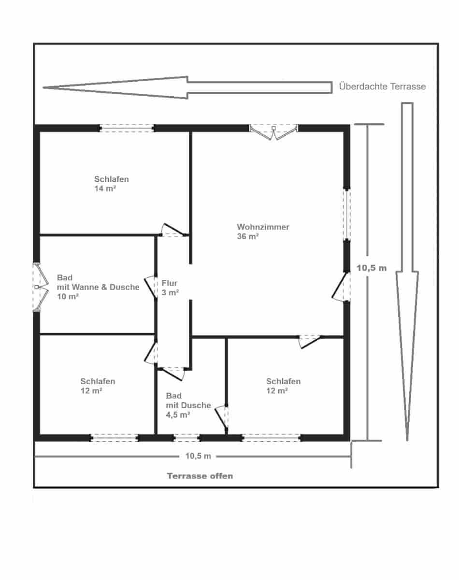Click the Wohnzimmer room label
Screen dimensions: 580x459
263,227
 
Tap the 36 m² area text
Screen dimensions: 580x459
248,236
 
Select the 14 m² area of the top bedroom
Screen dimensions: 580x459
105,188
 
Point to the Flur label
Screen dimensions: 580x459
170,283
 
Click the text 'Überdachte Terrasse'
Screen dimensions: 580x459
382,87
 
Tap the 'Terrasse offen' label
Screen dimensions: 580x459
200,476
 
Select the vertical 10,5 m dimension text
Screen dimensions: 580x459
372,268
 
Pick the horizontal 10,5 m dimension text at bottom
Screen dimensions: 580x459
198,456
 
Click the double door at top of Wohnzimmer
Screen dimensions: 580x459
273,131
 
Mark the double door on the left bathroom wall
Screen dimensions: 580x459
38,287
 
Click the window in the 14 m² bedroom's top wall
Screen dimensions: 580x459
127,128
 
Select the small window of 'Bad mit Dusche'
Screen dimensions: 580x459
186,438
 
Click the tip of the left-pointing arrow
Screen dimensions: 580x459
45,87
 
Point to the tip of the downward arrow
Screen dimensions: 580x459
407,439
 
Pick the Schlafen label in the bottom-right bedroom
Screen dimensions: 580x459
283,381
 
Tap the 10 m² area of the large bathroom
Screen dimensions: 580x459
68,297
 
